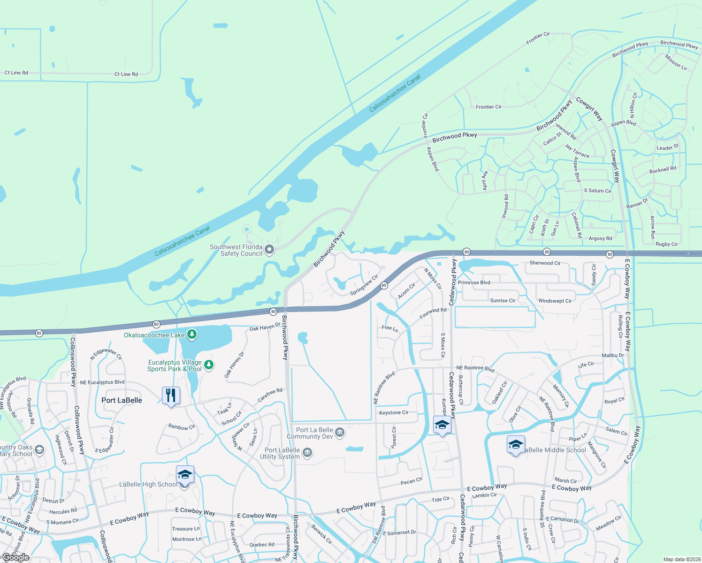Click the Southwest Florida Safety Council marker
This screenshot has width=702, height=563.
269,249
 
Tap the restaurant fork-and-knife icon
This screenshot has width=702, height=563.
171,396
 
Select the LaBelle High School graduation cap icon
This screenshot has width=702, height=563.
184,476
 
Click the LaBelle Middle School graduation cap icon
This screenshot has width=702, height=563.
515,445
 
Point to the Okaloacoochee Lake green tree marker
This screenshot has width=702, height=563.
191,335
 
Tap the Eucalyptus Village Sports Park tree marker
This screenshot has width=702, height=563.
209,365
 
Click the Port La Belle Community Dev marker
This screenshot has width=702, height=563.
340,433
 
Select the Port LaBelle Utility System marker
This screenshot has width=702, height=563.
307,452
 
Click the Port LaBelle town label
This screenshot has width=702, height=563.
122,400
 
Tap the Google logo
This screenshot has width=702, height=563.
15,557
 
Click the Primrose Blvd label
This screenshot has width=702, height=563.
474,282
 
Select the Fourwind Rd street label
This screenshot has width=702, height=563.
433,313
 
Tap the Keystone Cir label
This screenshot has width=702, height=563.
394,413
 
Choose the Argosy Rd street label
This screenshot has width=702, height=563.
600,238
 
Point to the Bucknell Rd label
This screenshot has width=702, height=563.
663,170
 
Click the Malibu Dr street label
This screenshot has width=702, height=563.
613,355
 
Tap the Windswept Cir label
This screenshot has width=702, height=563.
555,301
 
